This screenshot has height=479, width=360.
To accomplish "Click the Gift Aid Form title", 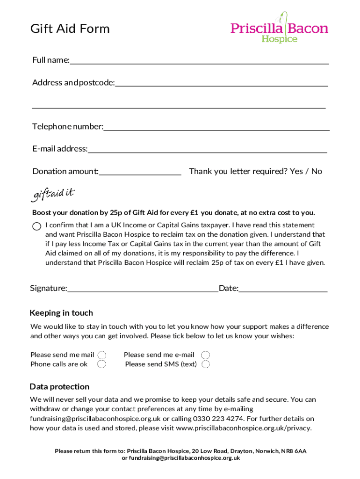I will pyautogui.click(x=70, y=29).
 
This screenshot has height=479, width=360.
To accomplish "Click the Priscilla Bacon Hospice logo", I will pyautogui.click(x=279, y=29).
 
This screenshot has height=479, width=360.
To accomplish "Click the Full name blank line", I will pyautogui.click(x=199, y=63).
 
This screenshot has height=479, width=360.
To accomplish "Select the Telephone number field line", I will pyautogui.click(x=216, y=129).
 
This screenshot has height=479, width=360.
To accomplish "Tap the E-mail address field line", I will pyautogui.click(x=207, y=152).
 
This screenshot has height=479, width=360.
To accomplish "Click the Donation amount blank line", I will pyautogui.click(x=140, y=174).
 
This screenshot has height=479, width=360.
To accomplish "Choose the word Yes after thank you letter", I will pyautogui.click(x=296, y=171).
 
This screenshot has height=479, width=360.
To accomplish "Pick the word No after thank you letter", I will pyautogui.click(x=317, y=171).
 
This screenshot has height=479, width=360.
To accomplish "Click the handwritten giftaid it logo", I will pyautogui.click(x=53, y=194).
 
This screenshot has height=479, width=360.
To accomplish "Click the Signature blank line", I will pyautogui.click(x=143, y=290).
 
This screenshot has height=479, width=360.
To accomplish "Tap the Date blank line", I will pyautogui.click(x=283, y=290).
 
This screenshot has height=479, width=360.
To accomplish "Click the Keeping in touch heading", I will pyautogui.click(x=61, y=313).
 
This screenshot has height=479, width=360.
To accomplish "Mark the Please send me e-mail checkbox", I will pyautogui.click(x=205, y=355).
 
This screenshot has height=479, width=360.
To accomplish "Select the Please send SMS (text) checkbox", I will pyautogui.click(x=205, y=364).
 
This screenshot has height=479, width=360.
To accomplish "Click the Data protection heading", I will pyautogui.click(x=59, y=387).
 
